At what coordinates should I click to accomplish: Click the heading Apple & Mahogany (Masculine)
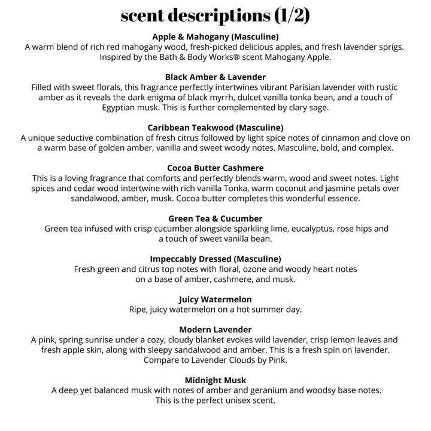point(215,37)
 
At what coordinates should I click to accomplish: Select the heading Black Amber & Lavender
point(215,77)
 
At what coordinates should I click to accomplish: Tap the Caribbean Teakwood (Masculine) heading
point(215,128)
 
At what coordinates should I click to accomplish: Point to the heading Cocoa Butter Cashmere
point(215,168)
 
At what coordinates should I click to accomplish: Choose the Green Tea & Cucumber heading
point(215,218)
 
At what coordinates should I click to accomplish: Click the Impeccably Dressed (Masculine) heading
point(215,259)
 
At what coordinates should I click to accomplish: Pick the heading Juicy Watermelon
point(215,299)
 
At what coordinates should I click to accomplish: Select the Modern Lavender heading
point(215,329)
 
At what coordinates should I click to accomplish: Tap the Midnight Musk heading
point(215,380)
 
